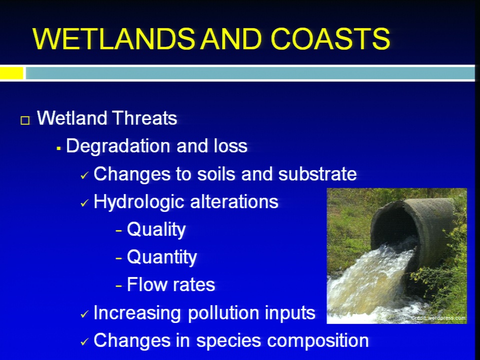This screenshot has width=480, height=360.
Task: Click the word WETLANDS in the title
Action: tap(113, 38)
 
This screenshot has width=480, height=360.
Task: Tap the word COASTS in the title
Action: tap(330, 38)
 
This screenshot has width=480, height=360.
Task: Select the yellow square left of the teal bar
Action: tap(11, 73)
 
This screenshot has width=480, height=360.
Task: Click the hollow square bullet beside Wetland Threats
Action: tap(25, 120)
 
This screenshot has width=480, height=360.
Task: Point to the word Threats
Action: tap(144, 118)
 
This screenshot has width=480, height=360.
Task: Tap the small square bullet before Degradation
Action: tap(58, 149)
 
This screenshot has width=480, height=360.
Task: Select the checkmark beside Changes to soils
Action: tap(84, 175)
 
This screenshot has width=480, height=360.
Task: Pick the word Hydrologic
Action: tap(138, 202)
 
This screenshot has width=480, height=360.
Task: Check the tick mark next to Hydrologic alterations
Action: tap(84, 203)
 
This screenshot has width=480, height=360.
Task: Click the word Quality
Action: tap(156, 230)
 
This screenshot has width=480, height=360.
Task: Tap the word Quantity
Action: tap(162, 257)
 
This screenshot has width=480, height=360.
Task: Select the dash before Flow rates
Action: tap(119, 286)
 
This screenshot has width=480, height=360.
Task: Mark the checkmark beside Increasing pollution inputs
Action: tap(84, 314)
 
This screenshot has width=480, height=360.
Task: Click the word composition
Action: tap(318, 341)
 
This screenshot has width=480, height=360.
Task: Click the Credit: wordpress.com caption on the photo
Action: tap(438, 318)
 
